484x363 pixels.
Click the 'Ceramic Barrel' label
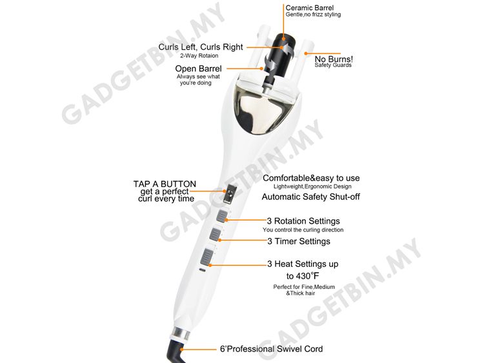coord(309,8)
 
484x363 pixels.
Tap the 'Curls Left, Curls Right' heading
coord(201,47)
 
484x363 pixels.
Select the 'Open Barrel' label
coord(198,68)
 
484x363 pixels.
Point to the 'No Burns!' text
coord(334,59)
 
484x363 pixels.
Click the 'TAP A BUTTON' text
coord(165,184)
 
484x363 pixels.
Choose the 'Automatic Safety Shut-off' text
coord(311,197)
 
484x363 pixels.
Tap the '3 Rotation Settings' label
coord(303,221)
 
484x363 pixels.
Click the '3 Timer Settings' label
coord(299,241)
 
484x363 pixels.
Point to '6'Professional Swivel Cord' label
coord(271,349)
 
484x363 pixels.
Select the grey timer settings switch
coord(215,234)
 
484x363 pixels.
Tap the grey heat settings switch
coord(206,257)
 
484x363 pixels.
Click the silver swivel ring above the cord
coord(180,334)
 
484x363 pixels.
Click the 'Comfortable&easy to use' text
coord(311,178)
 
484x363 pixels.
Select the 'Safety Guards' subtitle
coord(333,65)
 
